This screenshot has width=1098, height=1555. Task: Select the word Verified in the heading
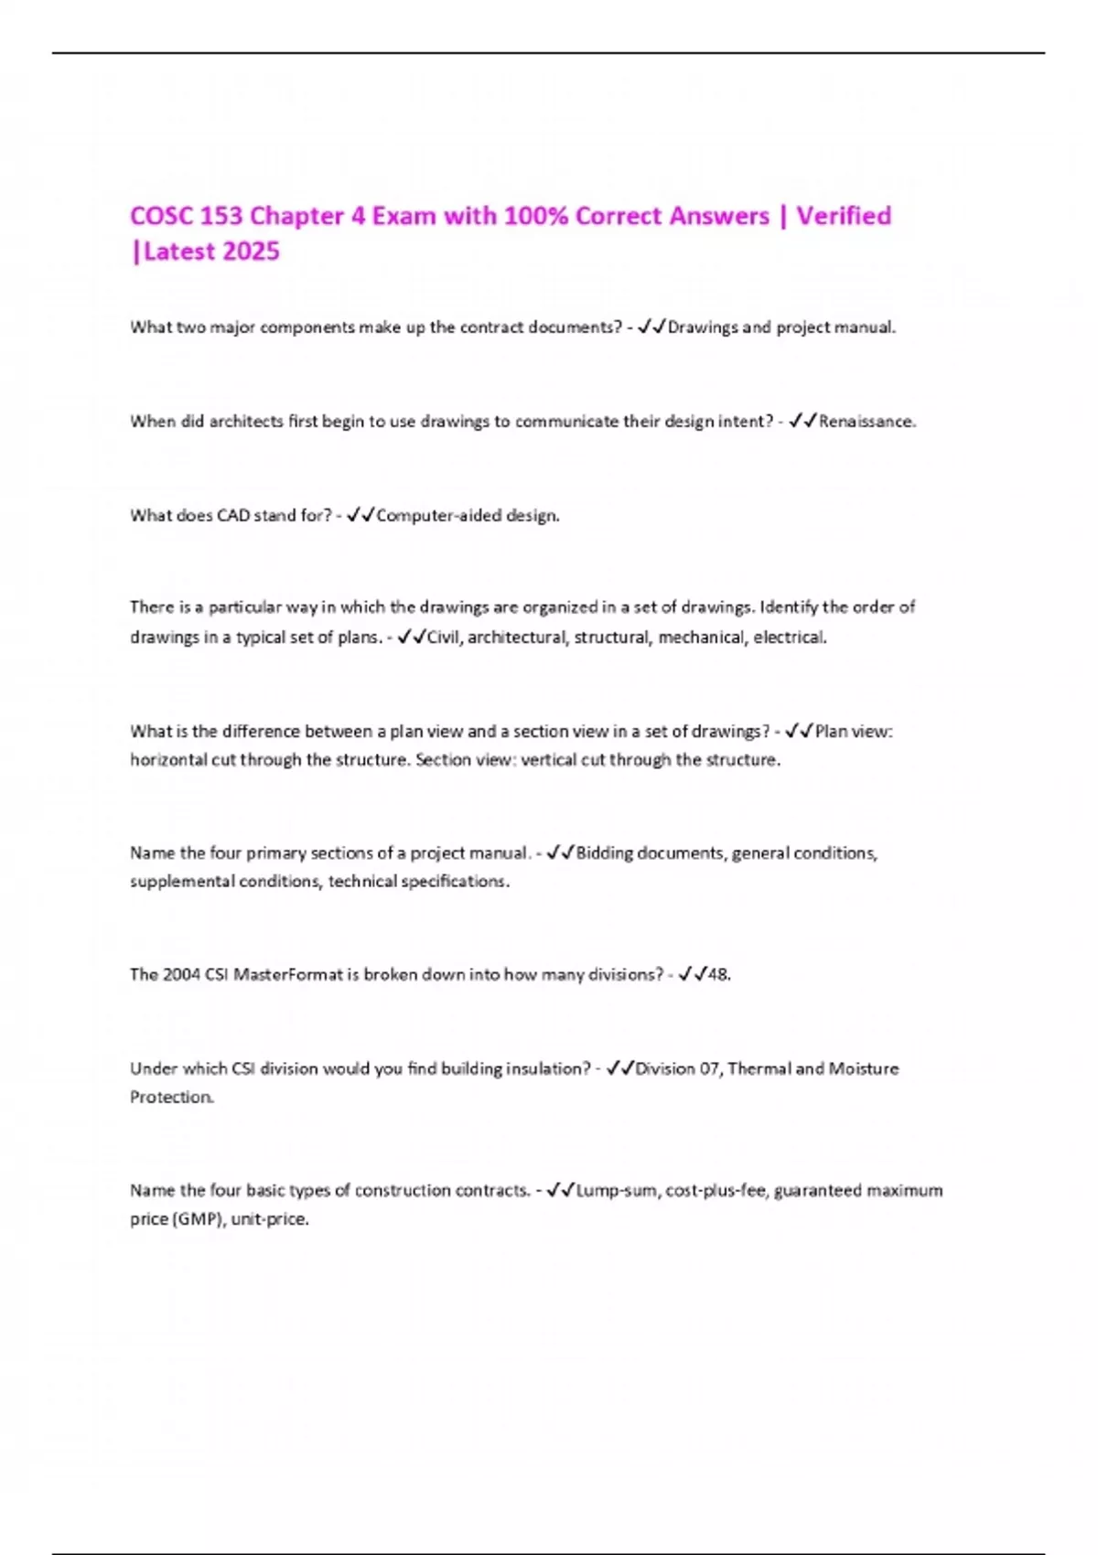click(844, 216)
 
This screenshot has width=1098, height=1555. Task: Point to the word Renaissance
click(867, 422)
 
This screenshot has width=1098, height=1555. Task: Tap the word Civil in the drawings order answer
click(445, 638)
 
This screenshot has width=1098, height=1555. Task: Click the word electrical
click(790, 638)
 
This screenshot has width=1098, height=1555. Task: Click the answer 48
click(718, 975)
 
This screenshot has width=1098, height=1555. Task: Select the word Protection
click(172, 1098)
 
